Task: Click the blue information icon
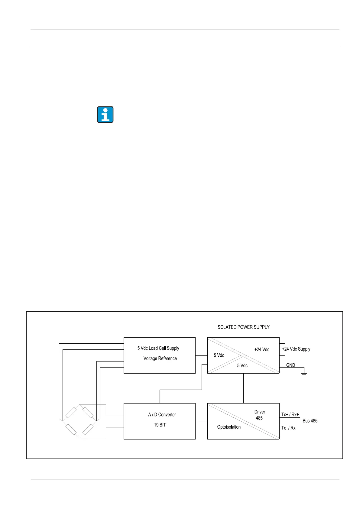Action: point(105,115)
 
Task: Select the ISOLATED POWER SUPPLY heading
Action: point(243,327)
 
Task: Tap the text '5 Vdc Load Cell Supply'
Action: point(158,348)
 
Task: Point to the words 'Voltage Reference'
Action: point(160,358)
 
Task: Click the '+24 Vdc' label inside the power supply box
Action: point(262,349)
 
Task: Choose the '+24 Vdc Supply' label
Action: point(296,349)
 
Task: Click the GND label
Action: point(290,365)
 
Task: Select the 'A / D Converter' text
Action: point(162,415)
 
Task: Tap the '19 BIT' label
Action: point(160,425)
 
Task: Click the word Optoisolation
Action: point(229,427)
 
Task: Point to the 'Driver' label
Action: point(260,412)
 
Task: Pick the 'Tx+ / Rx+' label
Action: point(290,415)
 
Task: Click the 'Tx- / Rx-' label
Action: point(289,428)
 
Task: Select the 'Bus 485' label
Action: point(310,421)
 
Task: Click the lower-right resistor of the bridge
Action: point(88,429)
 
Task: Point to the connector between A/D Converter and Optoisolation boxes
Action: point(201,421)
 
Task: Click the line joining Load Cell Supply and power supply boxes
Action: point(201,355)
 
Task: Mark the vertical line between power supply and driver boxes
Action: point(243,388)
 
